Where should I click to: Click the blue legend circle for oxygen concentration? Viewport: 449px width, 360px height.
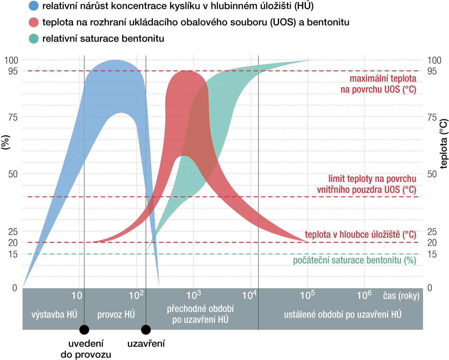34,6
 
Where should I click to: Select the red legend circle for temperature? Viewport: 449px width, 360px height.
34,22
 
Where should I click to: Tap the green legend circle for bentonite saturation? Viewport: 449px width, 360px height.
34,38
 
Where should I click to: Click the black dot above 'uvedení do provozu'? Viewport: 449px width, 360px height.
84,330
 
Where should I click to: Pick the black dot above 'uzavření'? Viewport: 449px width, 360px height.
146,330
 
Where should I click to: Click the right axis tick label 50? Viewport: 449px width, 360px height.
432,174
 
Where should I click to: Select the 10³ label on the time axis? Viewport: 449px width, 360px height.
194,295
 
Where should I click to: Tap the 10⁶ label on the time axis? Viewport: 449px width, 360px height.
364,295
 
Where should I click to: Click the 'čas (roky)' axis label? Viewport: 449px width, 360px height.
401,296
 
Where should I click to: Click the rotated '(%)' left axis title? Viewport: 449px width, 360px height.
6,142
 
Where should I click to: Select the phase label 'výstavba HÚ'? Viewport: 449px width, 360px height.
54,314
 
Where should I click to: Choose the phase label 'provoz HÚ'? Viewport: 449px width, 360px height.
116,314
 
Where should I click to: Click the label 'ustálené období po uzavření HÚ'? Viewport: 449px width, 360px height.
342,314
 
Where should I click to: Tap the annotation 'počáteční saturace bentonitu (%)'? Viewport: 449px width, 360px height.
354,260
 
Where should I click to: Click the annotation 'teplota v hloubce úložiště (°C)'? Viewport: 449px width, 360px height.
360,235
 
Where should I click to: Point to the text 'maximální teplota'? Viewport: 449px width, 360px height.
383,78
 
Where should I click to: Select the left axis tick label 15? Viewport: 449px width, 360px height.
13,254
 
